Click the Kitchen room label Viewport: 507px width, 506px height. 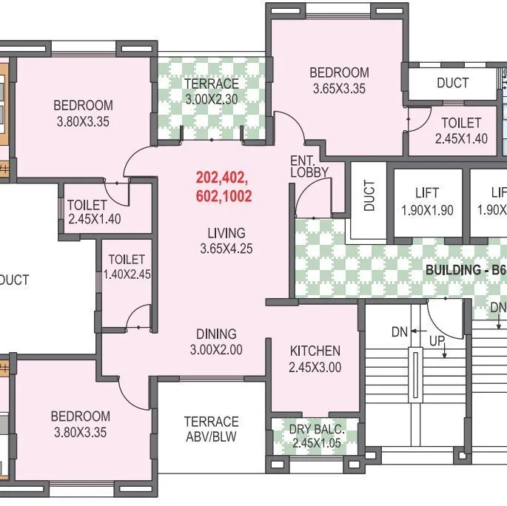point(315,351)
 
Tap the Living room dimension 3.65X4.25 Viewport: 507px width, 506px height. point(226,249)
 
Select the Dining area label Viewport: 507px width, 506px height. point(216,334)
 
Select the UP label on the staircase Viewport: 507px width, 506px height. point(437,341)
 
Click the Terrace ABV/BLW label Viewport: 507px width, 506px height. point(211,429)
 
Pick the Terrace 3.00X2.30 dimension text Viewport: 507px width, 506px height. point(211,98)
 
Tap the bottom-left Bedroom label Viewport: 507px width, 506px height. point(80,416)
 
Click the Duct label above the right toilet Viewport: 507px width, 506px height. point(452,83)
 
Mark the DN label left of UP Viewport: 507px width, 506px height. point(400,332)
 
